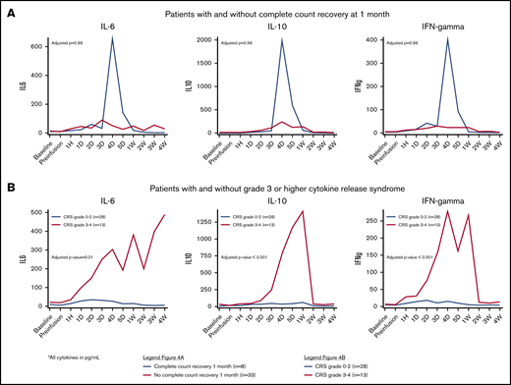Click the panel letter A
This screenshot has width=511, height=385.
pos(8,8)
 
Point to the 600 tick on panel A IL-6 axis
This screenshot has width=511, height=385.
pos(35,47)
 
